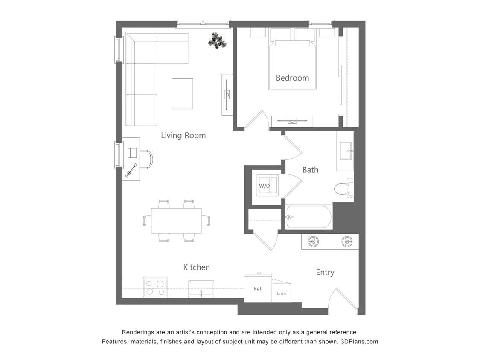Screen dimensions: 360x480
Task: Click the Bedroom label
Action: click(292, 78)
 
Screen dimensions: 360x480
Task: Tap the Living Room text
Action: click(183, 136)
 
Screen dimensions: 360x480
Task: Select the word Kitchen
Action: click(196, 267)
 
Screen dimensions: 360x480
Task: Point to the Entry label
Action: click(325, 273)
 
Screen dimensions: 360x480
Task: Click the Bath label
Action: click(310, 170)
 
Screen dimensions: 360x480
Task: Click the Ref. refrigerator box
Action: click(258, 289)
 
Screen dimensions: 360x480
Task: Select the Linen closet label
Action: click(281, 293)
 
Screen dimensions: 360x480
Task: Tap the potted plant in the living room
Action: click(217, 41)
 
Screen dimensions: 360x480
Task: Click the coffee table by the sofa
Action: click(182, 93)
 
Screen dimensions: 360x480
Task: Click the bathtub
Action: click(308, 217)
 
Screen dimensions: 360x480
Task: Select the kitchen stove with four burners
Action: click(155, 287)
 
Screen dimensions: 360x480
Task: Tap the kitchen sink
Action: click(201, 288)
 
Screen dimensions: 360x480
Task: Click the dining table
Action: click(176, 221)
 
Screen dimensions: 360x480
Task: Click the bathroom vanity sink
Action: click(345, 151)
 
